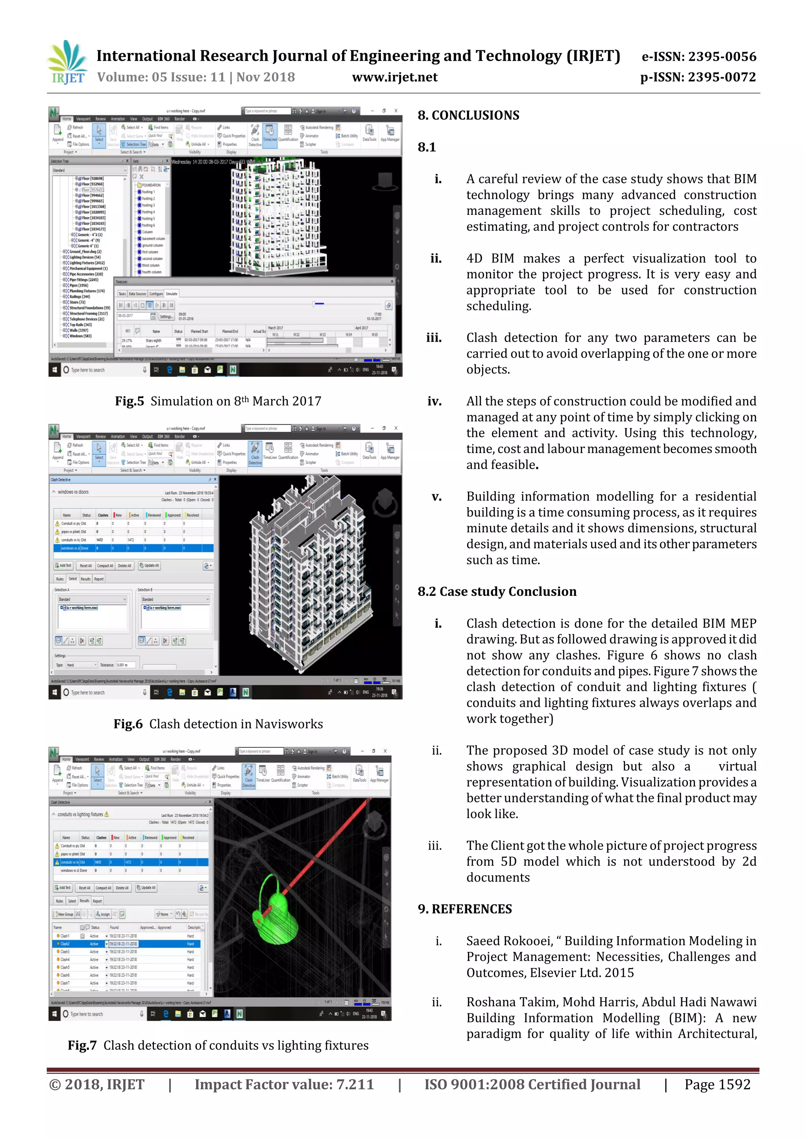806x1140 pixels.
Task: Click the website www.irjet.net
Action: (x=394, y=78)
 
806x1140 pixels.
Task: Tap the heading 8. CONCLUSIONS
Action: (x=468, y=116)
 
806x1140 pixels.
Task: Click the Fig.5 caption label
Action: (x=129, y=401)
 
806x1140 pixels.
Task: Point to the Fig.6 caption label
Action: (x=128, y=724)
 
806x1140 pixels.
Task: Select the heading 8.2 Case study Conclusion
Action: (x=497, y=591)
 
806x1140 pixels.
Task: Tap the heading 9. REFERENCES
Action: (x=464, y=909)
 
